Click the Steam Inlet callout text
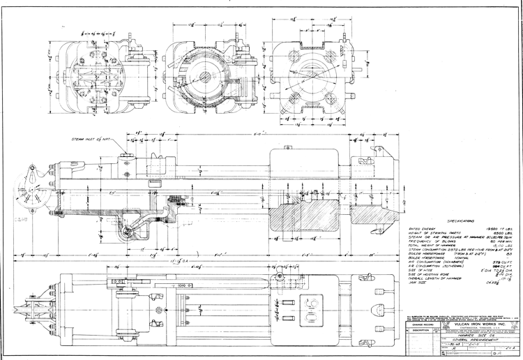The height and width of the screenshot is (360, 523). coord(91,140)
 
